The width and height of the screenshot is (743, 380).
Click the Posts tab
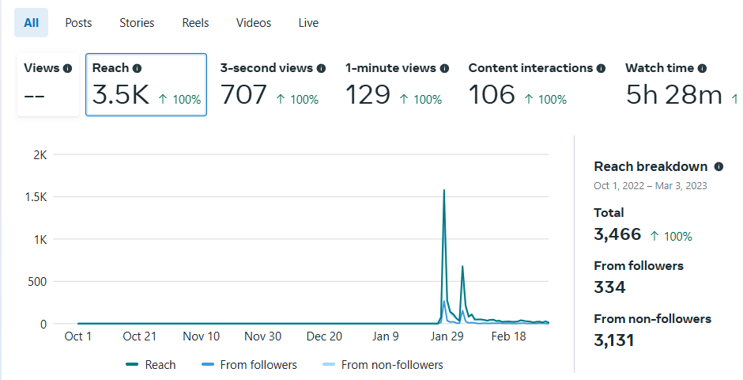78,23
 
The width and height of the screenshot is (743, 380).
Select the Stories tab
137,23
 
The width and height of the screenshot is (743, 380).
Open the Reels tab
195,23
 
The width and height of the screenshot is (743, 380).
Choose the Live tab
308,23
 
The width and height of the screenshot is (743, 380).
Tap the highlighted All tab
31,23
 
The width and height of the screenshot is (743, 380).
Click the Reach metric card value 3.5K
121,95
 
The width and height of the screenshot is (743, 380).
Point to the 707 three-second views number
244,95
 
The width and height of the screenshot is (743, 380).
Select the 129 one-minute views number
368,95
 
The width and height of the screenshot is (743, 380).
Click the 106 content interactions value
491,95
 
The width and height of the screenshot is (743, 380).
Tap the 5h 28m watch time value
673,95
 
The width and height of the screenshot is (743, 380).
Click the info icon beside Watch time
702,69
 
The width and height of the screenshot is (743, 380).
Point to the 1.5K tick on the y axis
36,196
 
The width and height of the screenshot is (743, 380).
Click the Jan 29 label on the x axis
447,336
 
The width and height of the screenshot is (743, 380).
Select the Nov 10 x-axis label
201,336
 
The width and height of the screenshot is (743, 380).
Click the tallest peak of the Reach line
444,191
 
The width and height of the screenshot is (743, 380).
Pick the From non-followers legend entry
391,365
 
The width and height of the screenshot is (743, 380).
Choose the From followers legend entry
258,365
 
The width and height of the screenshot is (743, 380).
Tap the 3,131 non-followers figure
613,340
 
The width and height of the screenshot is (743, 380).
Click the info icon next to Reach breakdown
718,167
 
